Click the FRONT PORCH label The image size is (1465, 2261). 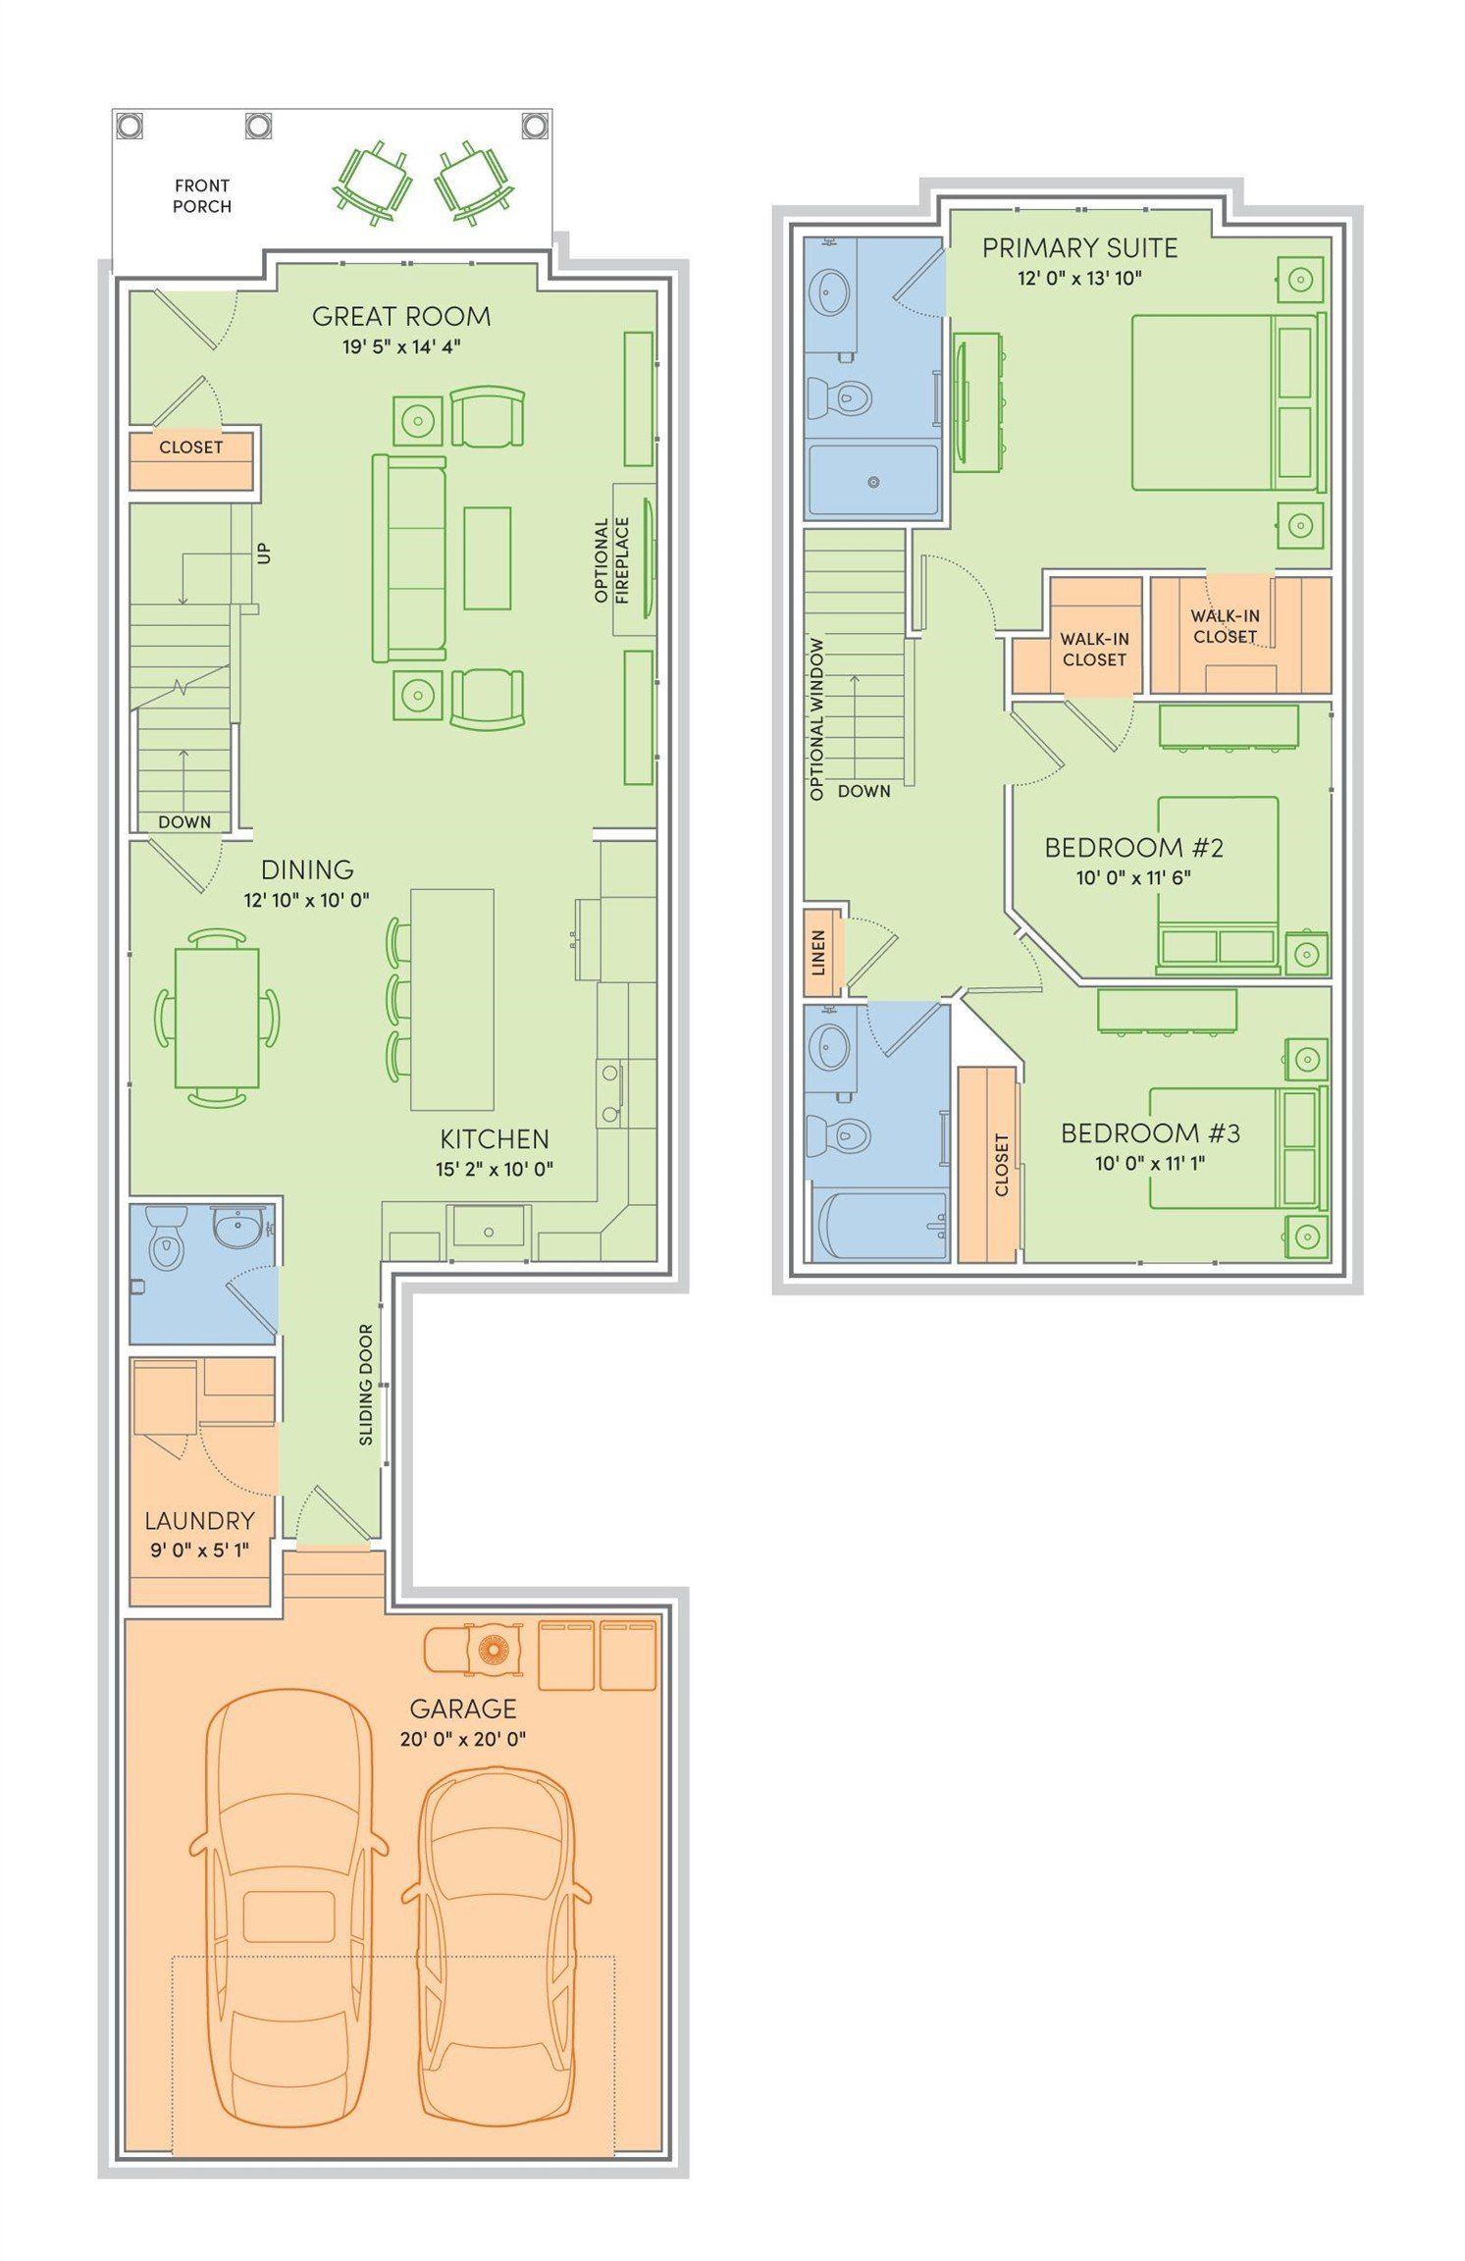click(x=202, y=195)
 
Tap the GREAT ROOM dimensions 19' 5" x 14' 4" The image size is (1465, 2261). click(x=401, y=346)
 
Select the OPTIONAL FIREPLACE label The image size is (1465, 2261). click(x=611, y=560)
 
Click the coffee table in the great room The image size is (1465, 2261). click(x=487, y=558)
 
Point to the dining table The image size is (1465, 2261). click(x=217, y=1018)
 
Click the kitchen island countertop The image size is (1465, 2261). click(x=451, y=998)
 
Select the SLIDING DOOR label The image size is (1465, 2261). click(x=366, y=1384)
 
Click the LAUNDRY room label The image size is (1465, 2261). click(x=199, y=1521)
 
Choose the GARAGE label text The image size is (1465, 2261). click(x=462, y=1709)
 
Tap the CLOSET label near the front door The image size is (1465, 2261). click(x=191, y=447)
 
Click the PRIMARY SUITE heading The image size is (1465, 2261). click(x=1079, y=248)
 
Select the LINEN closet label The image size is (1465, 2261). click(x=818, y=952)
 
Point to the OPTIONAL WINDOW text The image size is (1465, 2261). click(x=816, y=718)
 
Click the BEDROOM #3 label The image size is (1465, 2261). click(x=1150, y=1133)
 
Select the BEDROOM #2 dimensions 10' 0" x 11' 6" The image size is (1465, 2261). click(x=1133, y=877)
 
